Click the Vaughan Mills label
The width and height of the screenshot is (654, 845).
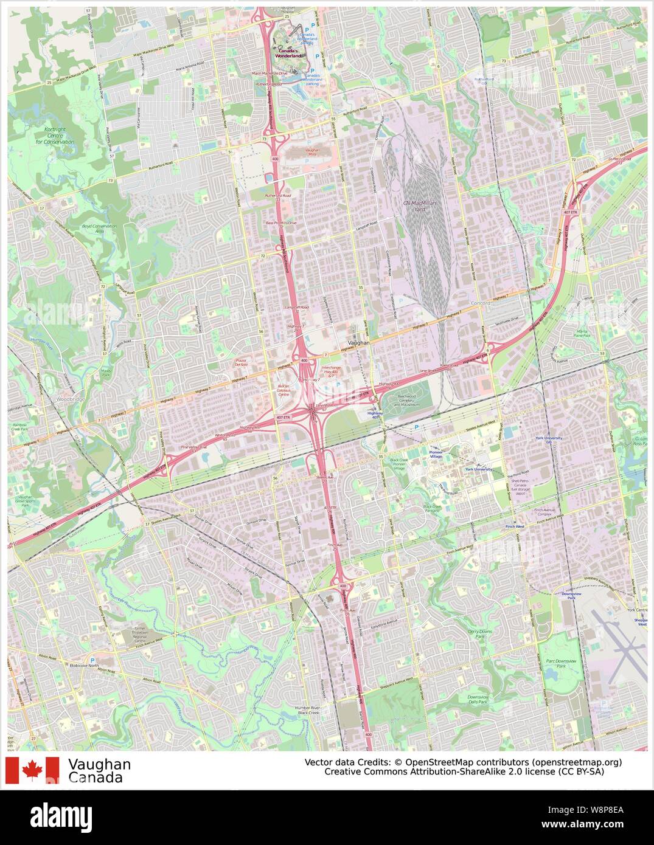coord(311,152)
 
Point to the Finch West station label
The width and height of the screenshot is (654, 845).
coord(514,526)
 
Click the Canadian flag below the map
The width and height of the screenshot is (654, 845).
coord(32,770)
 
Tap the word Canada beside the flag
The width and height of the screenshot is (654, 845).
coord(96,778)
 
